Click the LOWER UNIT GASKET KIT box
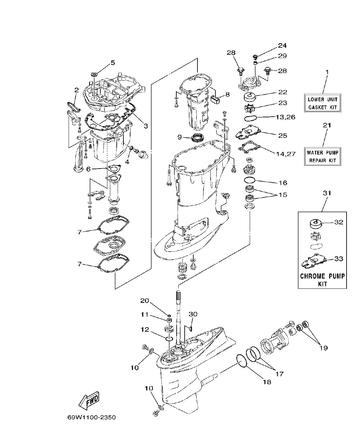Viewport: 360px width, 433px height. (x=322, y=103)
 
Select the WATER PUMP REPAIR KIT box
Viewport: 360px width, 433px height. (x=322, y=156)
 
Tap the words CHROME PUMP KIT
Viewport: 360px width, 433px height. (x=322, y=279)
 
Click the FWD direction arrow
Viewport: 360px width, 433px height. (x=89, y=400)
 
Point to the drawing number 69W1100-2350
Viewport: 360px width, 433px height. (x=91, y=418)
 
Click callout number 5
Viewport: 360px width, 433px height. (x=113, y=62)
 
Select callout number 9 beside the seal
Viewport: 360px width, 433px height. (x=180, y=137)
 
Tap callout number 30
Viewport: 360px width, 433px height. (x=193, y=314)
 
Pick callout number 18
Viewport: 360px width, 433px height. (x=267, y=382)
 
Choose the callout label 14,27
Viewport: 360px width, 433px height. (x=285, y=154)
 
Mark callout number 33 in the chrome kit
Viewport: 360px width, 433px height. (x=339, y=259)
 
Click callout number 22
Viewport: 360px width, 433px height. (x=282, y=92)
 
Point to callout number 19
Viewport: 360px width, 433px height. (x=323, y=348)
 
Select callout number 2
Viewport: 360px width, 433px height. (x=76, y=90)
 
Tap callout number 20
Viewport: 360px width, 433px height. (x=145, y=300)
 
